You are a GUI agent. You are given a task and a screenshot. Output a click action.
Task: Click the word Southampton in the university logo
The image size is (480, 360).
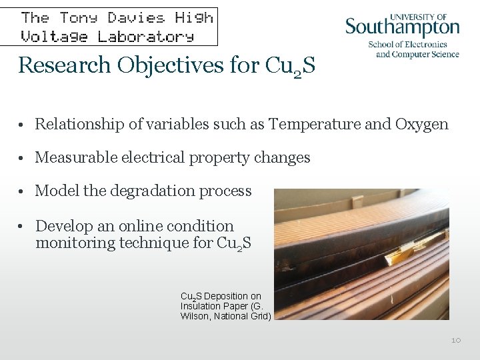[x=402, y=29]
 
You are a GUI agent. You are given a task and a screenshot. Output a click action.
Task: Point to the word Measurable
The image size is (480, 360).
[x=75, y=157]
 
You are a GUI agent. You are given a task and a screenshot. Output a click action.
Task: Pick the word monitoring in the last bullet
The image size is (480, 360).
[x=75, y=243]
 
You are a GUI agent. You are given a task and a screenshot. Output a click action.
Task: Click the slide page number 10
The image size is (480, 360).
[x=456, y=340]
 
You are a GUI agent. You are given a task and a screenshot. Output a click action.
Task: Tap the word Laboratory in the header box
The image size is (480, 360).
[x=146, y=36]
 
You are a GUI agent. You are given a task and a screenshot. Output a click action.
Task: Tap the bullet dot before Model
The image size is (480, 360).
[x=23, y=192]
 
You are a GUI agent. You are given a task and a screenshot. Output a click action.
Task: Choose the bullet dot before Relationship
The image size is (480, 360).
[x=23, y=125]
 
